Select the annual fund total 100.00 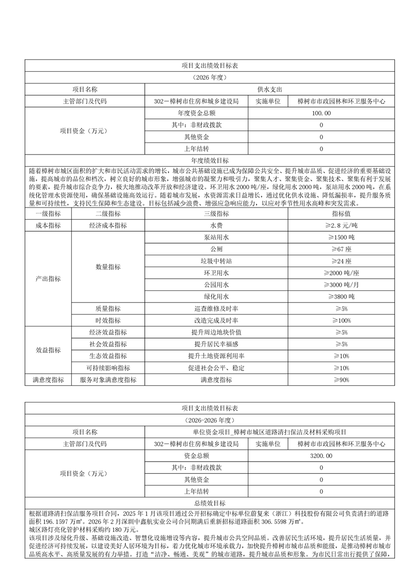pos(321,113)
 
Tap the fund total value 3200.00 pos(321,456)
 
